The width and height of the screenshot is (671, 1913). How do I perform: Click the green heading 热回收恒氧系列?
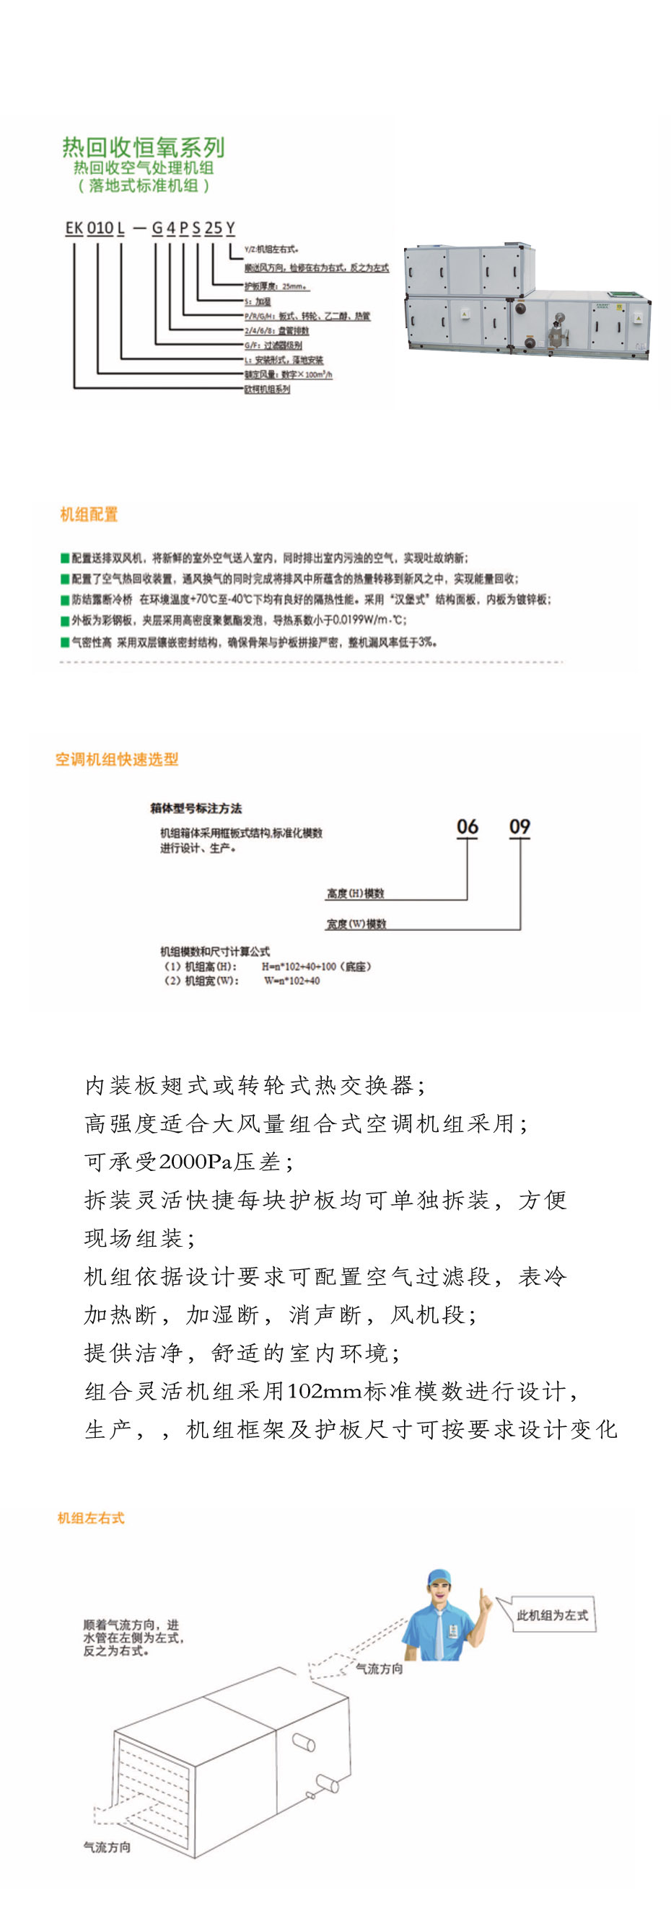(x=143, y=148)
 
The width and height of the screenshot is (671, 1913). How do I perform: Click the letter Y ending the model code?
(x=230, y=228)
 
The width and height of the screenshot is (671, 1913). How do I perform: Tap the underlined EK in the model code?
(x=74, y=228)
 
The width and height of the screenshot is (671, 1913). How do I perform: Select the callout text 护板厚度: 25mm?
(x=276, y=286)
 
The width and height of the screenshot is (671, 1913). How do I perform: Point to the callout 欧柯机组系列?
(x=268, y=389)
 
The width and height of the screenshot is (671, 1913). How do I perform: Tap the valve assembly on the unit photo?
(x=556, y=327)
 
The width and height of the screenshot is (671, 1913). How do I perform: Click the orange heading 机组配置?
(x=89, y=515)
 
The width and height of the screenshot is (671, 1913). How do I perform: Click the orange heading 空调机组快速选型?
(x=117, y=759)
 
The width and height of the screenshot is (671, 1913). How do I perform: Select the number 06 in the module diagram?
(x=468, y=827)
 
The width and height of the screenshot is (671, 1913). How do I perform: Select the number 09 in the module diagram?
(x=519, y=827)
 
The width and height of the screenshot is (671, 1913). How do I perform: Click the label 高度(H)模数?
(x=355, y=893)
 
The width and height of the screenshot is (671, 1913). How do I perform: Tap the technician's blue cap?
(x=439, y=1576)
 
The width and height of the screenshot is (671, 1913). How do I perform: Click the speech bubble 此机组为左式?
(x=552, y=1615)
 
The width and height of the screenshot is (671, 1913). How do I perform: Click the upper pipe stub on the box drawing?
(x=304, y=1741)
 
